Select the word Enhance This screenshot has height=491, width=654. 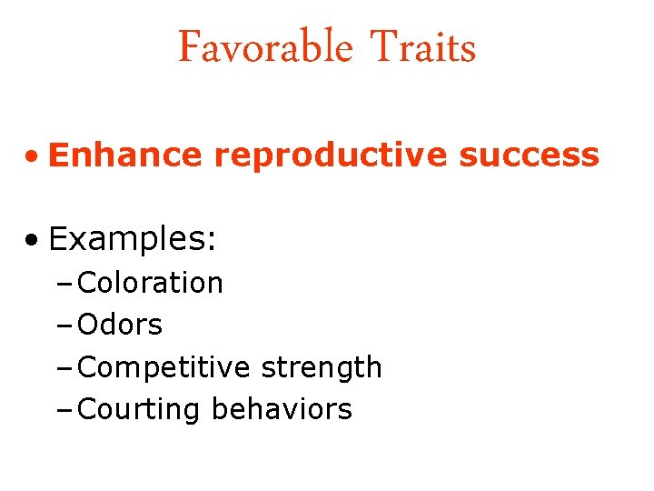125,155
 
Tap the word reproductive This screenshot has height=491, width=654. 331,155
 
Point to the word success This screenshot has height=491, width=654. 529,155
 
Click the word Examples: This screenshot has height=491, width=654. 133,239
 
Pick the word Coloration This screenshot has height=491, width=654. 151,283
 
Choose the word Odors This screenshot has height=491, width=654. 121,325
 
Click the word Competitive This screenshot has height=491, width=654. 164,367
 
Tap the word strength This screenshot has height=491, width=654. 321,367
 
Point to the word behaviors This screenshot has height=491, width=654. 281,409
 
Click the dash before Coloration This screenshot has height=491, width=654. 68,284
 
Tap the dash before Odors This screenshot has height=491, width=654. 68,326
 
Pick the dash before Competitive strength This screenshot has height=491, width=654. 68,368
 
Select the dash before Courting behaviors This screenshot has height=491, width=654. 68,410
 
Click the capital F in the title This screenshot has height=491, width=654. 189,47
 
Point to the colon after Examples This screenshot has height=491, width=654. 212,243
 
